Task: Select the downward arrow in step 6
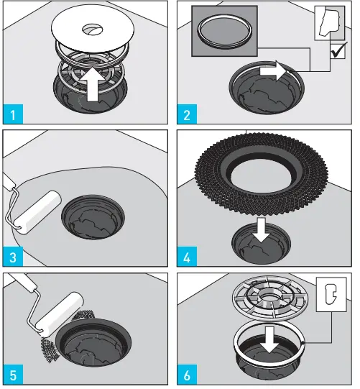click(x=270, y=343)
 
